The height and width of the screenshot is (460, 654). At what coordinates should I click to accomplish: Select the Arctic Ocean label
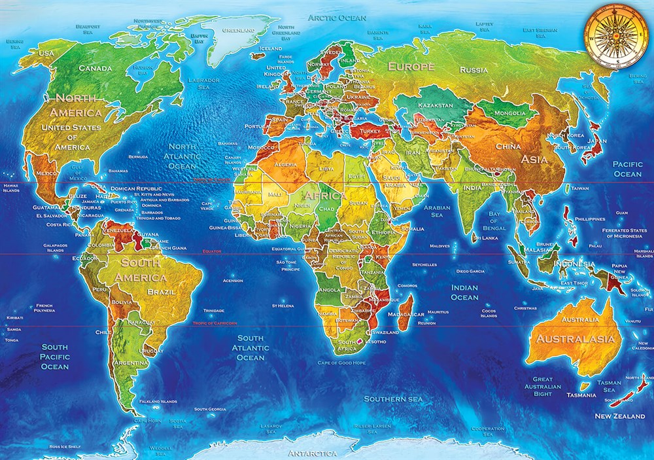(x=337, y=18)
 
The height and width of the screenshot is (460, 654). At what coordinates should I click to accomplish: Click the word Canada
(x=95, y=68)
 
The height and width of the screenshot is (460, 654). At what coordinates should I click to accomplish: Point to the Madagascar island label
(x=405, y=315)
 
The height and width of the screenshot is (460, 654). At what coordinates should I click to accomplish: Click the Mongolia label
(x=509, y=113)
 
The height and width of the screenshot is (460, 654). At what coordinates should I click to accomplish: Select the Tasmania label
(x=581, y=395)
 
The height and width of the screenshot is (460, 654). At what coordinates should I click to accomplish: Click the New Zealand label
(x=619, y=416)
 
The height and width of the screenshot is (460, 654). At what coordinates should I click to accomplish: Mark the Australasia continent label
(x=575, y=339)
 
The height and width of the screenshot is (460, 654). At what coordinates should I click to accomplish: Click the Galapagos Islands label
(x=55, y=247)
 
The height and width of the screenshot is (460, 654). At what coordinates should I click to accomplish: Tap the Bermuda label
(x=138, y=157)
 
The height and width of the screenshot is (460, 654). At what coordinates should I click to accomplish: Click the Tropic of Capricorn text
(x=215, y=323)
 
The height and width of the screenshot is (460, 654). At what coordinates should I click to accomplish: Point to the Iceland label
(x=271, y=48)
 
